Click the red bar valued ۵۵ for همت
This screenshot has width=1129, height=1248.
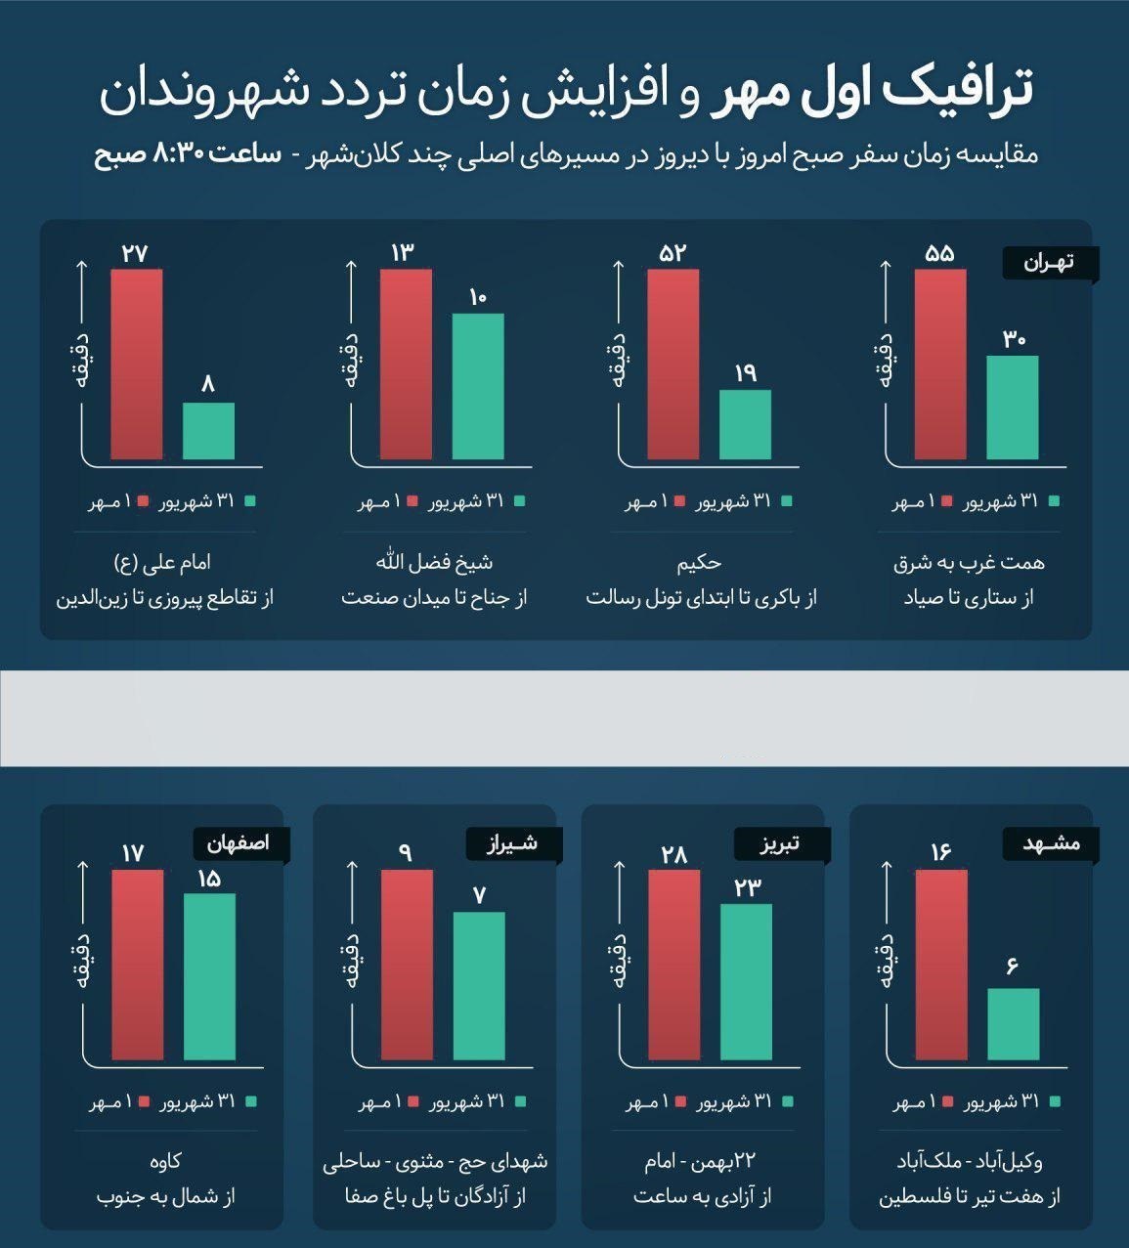click(940, 364)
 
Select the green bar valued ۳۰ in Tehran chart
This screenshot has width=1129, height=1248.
click(1013, 408)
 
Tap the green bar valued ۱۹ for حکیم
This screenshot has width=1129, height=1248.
click(745, 425)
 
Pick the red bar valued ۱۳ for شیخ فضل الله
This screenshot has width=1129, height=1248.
click(406, 364)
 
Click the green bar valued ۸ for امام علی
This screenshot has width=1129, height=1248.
click(208, 431)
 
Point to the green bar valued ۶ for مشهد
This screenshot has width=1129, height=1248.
click(1014, 1024)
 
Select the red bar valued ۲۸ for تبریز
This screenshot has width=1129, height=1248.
click(674, 965)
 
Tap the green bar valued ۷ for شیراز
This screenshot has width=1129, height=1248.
click(479, 986)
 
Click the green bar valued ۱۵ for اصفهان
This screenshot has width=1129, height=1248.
click(210, 976)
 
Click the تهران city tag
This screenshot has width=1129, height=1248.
click(1051, 263)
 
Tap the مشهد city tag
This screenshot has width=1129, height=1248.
click(1051, 844)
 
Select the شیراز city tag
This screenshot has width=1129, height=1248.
click(514, 844)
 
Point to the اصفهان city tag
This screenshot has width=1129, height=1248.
click(241, 844)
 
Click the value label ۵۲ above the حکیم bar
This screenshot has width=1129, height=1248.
click(673, 254)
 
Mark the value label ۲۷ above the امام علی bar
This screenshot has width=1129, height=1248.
click(135, 254)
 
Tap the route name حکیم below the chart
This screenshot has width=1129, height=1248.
click(700, 563)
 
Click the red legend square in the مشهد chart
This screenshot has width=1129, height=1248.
click(948, 1101)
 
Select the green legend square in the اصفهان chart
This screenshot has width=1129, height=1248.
click(251, 1101)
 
